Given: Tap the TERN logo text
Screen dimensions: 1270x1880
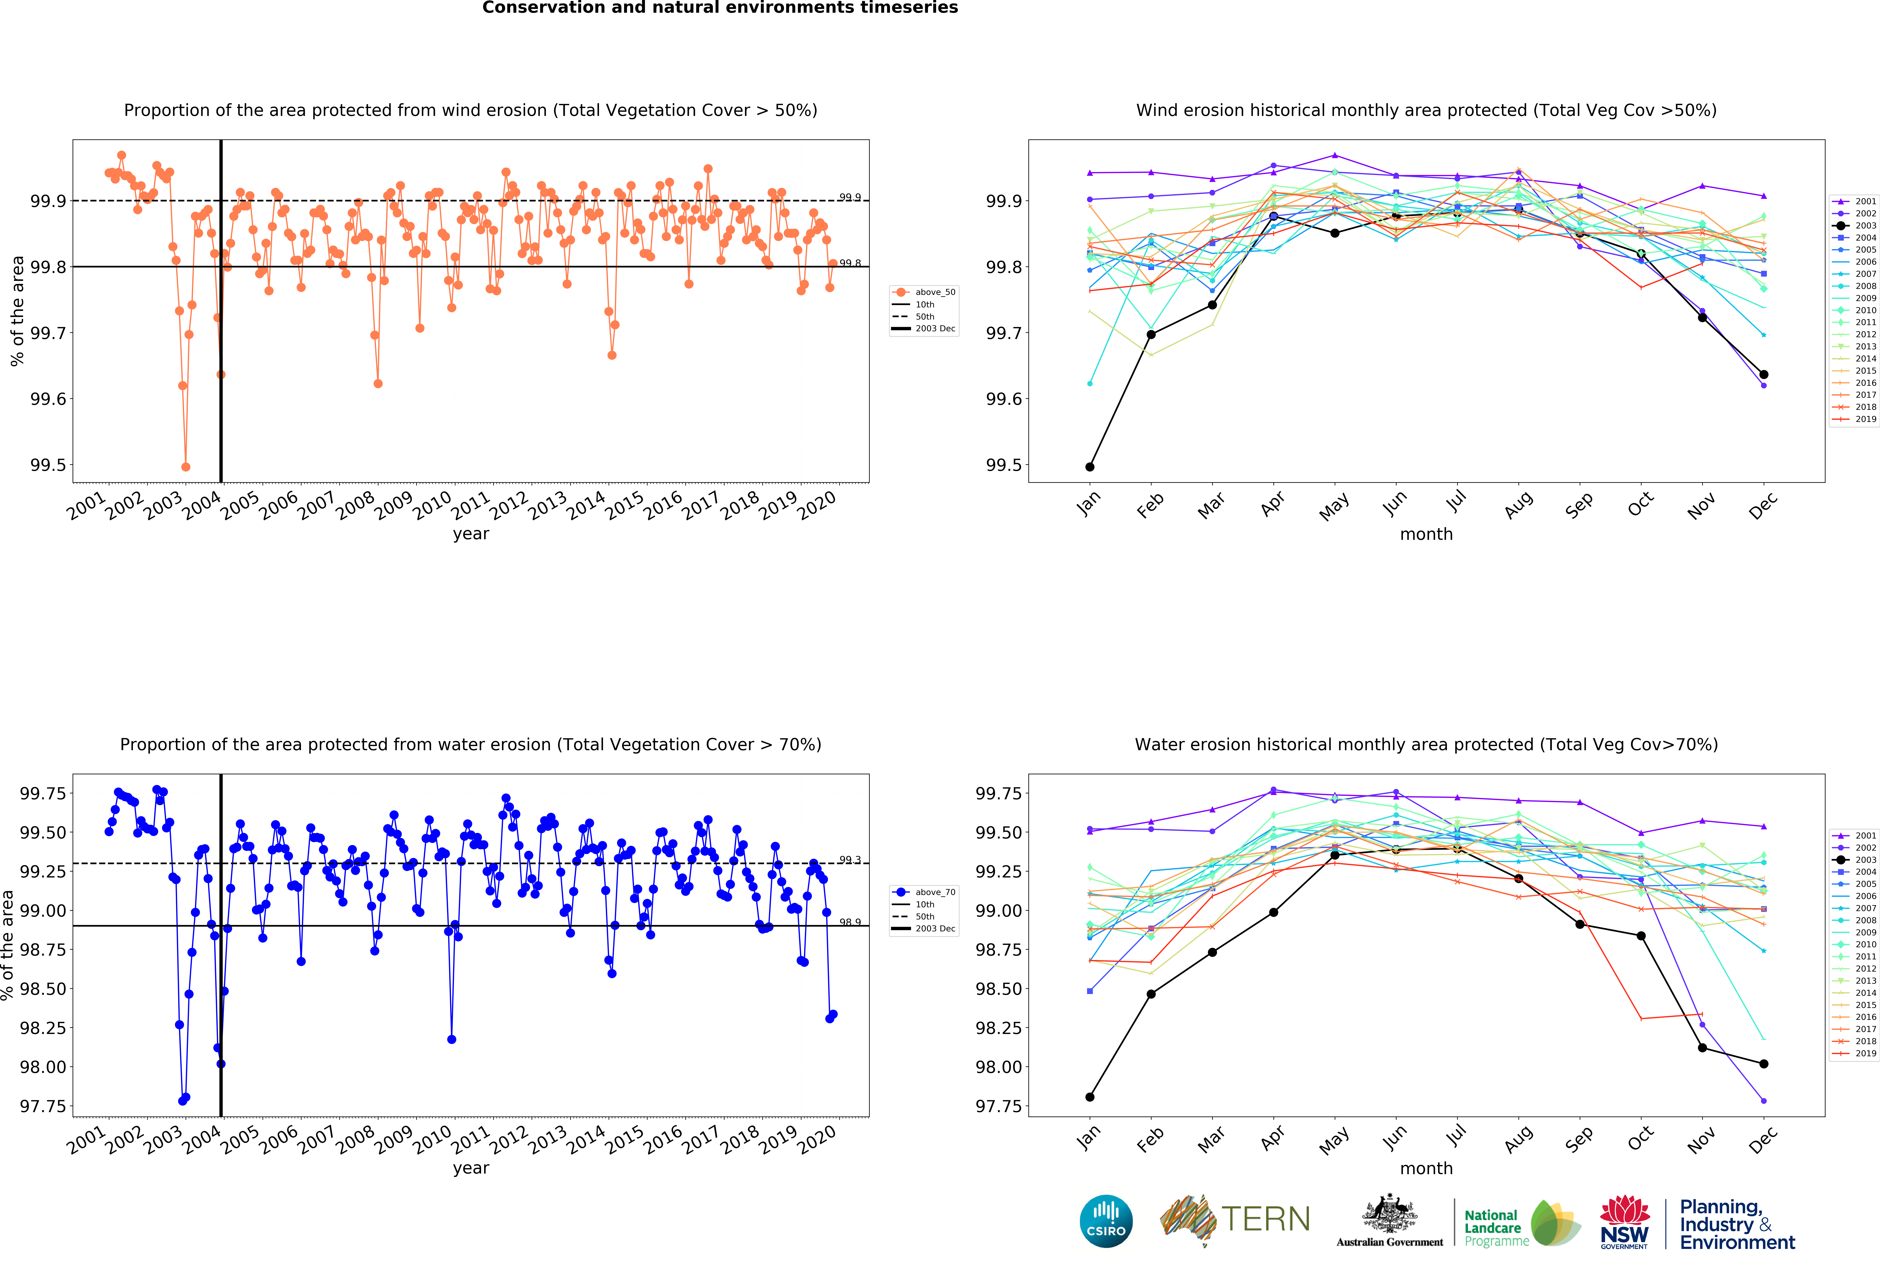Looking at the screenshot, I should point(1265,1219).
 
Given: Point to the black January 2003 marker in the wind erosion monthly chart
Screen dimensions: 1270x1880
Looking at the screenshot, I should point(1090,467).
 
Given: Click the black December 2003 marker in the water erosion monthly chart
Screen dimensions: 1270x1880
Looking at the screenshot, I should point(1763,1064).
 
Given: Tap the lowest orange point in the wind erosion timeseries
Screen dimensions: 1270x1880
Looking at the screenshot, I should point(186,467).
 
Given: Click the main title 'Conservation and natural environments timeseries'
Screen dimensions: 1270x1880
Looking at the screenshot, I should point(720,8).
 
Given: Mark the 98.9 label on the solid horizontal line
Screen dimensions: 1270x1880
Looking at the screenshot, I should point(849,922).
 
